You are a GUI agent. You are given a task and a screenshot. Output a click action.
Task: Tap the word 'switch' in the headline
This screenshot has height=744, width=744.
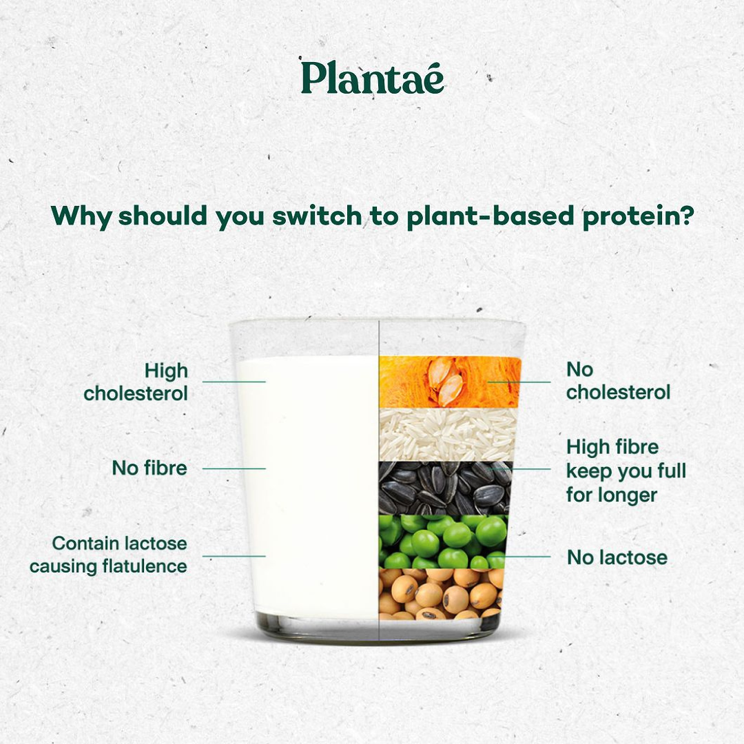pos(316,216)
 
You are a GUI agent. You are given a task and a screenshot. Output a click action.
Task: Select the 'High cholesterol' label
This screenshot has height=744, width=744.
pos(136,382)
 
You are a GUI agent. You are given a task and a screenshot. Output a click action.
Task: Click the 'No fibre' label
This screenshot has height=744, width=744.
pos(149,468)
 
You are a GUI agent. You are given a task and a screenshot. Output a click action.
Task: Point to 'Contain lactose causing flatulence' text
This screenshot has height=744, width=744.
pos(108,555)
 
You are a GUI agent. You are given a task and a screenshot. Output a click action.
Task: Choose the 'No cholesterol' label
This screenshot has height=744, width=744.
pos(618,381)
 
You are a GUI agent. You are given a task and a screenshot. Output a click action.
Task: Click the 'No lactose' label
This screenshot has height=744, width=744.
pos(617,557)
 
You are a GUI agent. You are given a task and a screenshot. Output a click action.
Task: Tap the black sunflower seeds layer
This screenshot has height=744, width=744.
pos(445,488)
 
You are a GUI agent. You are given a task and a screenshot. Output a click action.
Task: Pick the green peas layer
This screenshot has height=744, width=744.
pos(442,541)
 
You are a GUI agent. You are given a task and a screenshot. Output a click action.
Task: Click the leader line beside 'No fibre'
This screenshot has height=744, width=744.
pos(234,468)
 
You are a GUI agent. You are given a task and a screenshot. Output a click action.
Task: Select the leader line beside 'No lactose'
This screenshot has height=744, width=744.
pos(527,556)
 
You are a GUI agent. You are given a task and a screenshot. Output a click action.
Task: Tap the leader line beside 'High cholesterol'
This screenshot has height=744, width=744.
pos(234,382)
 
